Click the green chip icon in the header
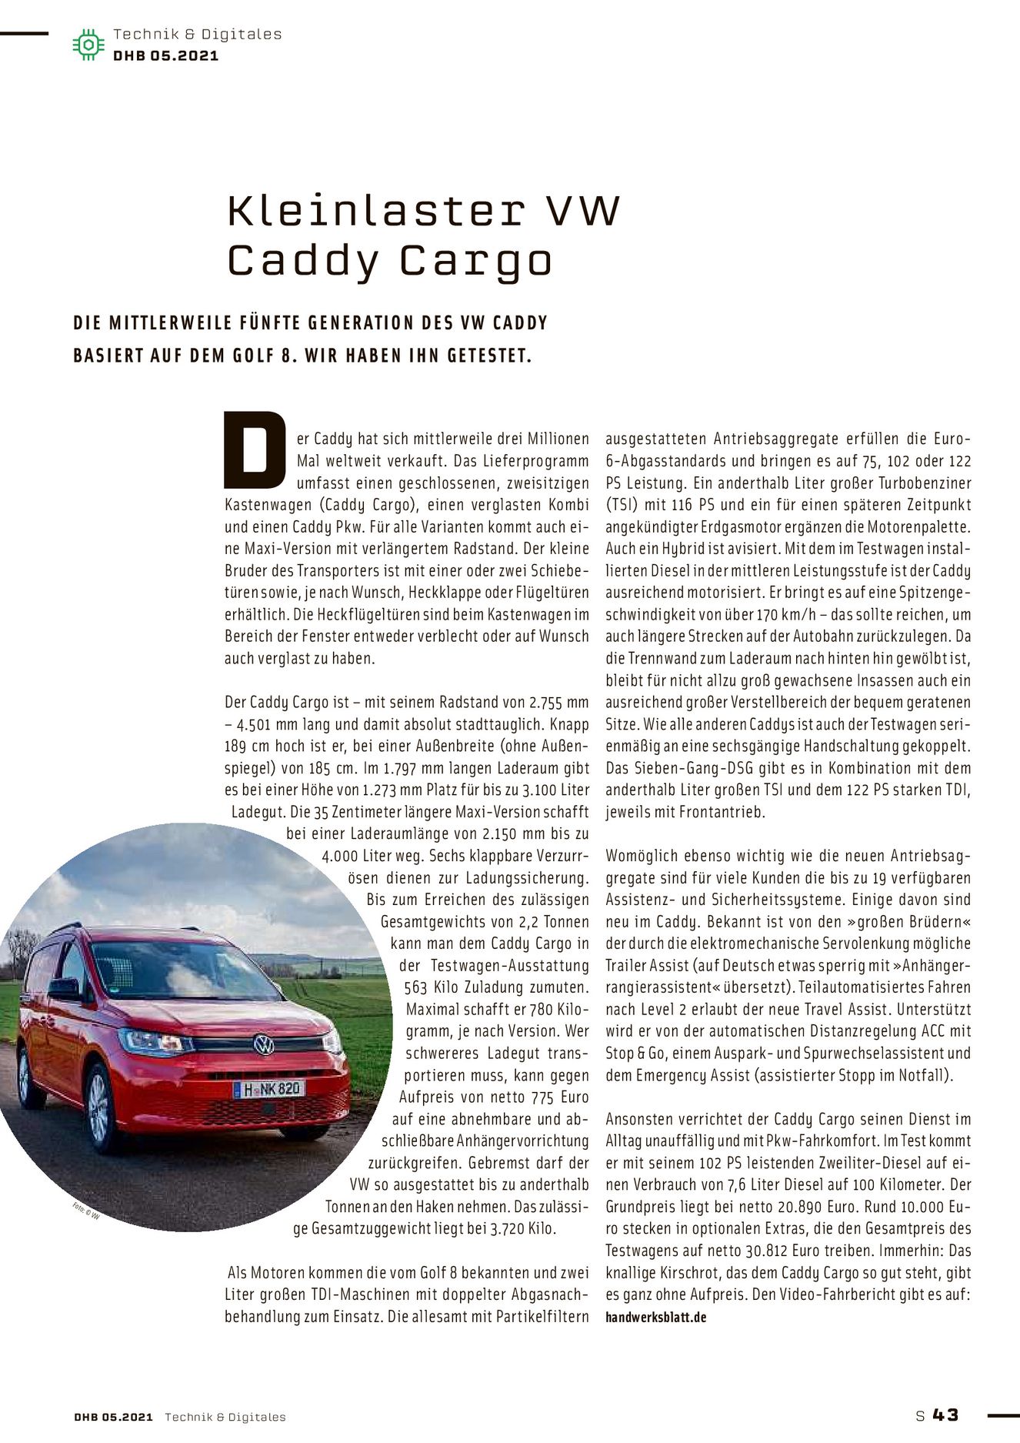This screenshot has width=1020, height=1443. click(88, 45)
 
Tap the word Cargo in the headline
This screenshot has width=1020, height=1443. click(475, 261)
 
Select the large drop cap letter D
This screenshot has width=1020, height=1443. click(255, 450)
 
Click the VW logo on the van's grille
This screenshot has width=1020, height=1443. click(264, 1044)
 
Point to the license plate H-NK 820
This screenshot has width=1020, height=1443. click(268, 1089)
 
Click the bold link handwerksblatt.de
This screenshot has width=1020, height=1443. click(655, 1317)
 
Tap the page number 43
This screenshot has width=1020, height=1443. click(945, 1415)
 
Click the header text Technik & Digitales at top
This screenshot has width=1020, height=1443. click(197, 34)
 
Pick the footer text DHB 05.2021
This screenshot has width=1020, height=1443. click(114, 1416)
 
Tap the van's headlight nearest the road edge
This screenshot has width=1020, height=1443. click(155, 1042)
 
